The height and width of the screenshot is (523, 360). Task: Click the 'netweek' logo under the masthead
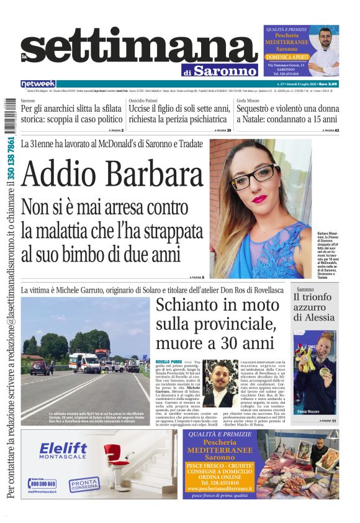click(38, 84)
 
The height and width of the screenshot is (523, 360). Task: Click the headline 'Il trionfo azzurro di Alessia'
click(316, 307)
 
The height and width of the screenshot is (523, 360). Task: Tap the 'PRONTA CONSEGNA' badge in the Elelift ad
click(83, 484)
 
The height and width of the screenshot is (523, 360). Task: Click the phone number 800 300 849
click(43, 483)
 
